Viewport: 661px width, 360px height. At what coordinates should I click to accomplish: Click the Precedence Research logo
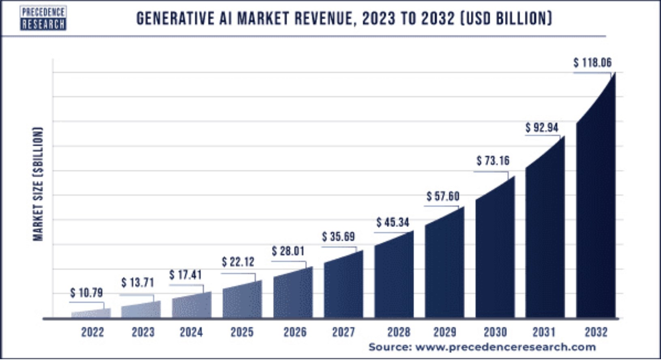click(43, 18)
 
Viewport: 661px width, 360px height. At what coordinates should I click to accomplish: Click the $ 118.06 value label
click(592, 63)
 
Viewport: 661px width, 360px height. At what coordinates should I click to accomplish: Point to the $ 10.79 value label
click(86, 293)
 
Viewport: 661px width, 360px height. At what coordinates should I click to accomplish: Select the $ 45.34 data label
click(393, 222)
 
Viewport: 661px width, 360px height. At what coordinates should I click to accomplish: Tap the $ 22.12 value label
click(238, 262)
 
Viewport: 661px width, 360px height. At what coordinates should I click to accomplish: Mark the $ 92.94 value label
click(542, 128)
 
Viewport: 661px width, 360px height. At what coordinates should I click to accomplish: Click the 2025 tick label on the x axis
click(242, 332)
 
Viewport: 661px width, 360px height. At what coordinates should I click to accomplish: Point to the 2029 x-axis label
click(445, 332)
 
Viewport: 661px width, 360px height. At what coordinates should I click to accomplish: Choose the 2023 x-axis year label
click(143, 332)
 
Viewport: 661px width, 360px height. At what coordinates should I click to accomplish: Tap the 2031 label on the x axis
click(544, 332)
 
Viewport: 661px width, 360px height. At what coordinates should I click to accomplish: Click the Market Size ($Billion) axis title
click(38, 184)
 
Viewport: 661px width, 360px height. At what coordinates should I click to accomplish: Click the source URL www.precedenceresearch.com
click(505, 347)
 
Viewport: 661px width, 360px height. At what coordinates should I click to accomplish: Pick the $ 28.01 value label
click(288, 251)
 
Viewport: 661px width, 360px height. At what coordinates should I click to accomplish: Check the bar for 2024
click(192, 306)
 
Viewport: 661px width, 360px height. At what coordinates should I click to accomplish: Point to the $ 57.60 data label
click(443, 197)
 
